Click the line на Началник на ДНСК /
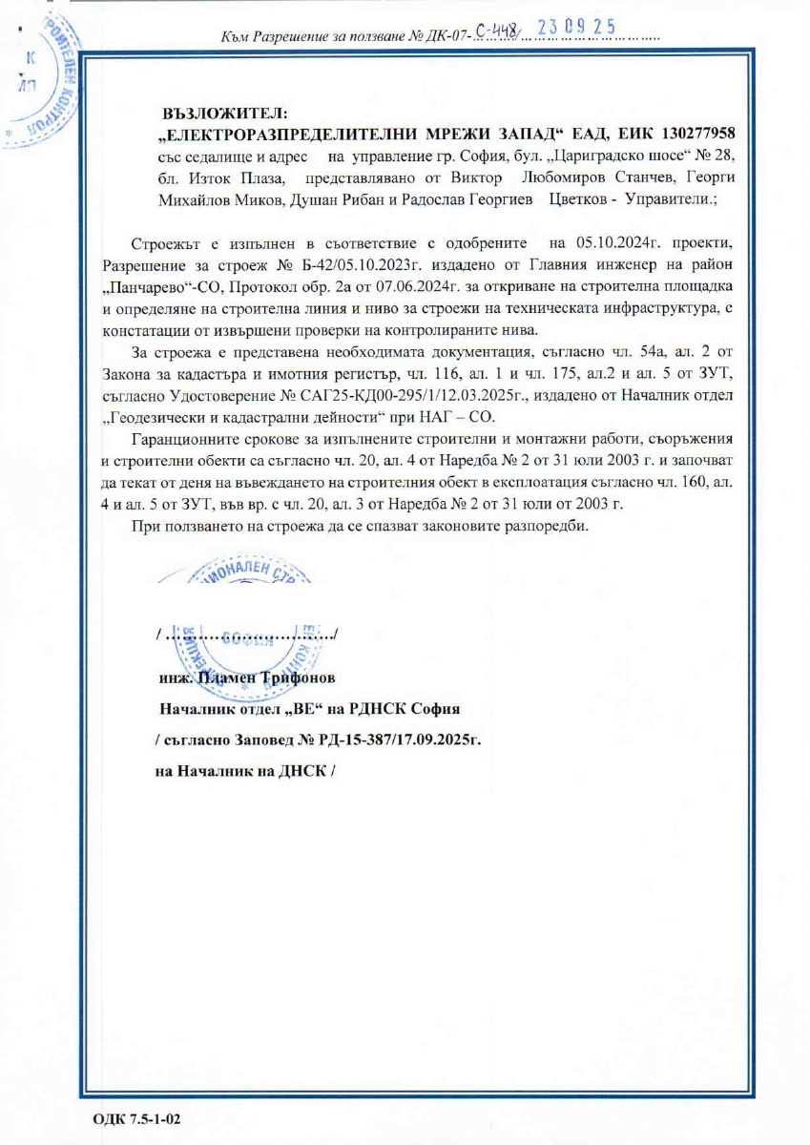point(243,771)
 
